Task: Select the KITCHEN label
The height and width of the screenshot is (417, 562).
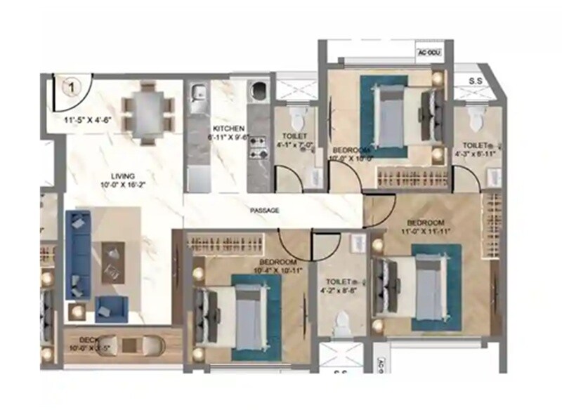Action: tap(229, 128)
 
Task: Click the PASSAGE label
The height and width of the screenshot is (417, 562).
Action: tap(265, 210)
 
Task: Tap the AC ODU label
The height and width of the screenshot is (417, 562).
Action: tap(426, 53)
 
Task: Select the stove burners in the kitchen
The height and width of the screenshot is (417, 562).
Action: tap(257, 146)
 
